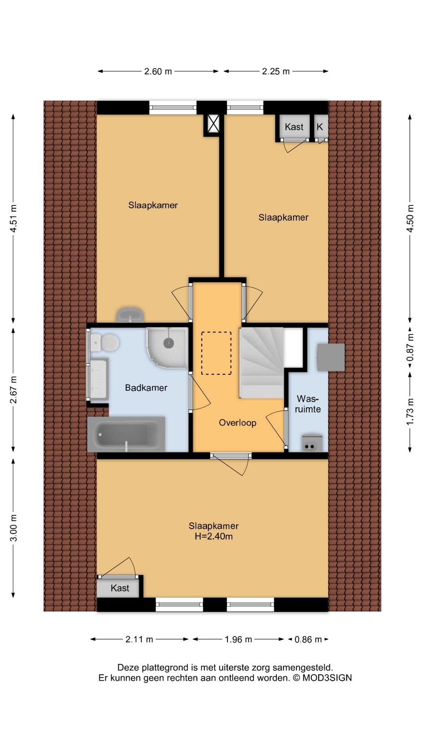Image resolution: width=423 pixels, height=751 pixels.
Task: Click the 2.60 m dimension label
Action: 158,71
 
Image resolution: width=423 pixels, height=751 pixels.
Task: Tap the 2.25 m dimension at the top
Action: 276,71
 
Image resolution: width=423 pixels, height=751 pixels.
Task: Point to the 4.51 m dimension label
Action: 13,218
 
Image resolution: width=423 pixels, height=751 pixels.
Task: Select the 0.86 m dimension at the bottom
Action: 308,639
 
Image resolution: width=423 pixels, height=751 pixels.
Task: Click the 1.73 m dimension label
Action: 410,412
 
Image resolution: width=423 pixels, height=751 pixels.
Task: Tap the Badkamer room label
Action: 146,388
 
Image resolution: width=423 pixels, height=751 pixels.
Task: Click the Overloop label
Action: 238,422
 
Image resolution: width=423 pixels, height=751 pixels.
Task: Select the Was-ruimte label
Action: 308,404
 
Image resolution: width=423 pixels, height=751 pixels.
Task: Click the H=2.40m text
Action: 214,536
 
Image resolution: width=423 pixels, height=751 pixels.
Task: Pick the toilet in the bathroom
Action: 105,343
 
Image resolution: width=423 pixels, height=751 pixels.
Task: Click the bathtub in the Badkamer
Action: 126,434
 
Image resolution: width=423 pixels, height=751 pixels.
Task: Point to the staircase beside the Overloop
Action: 262,363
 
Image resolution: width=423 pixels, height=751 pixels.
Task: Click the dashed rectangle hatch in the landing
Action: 216,353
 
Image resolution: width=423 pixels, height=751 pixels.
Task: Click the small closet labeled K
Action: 320,127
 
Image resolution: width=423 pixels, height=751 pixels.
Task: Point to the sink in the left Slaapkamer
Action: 130,315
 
